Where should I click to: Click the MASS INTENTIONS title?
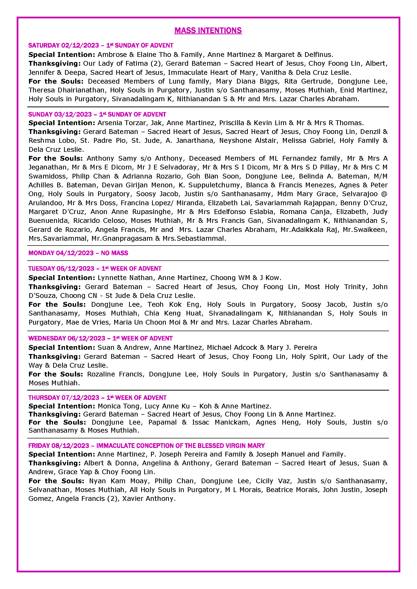208,30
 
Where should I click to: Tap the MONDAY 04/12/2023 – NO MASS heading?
78,253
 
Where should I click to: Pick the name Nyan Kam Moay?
118,481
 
